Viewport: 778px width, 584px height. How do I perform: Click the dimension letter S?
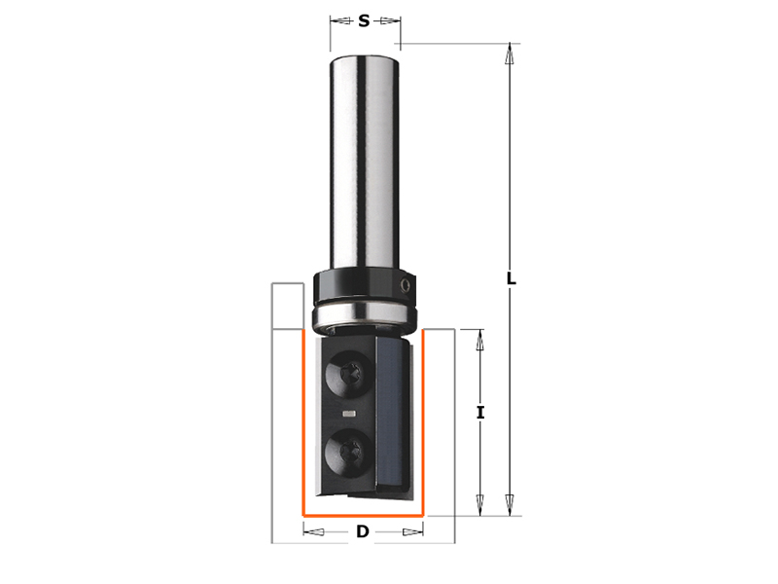click(x=364, y=20)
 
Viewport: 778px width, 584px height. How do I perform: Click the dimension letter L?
click(x=511, y=278)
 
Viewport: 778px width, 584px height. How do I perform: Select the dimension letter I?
click(x=479, y=412)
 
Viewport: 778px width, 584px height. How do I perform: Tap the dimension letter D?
click(x=363, y=531)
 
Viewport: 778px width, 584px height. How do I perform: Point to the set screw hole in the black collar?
click(x=406, y=286)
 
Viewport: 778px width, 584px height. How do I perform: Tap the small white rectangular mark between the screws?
click(x=349, y=413)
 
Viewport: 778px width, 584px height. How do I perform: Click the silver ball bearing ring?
click(x=365, y=313)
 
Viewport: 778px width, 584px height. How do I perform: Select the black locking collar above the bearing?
click(x=365, y=285)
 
